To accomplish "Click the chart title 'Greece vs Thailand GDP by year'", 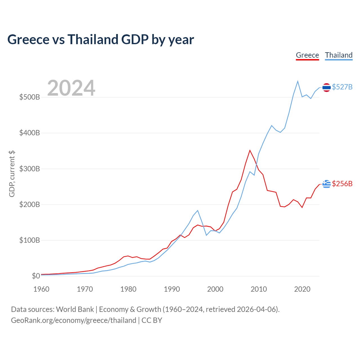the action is pos(100,40).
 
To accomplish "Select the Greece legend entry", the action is pos(307,55).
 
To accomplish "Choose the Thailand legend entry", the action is pos(339,55).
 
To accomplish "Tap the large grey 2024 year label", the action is pos(71,88).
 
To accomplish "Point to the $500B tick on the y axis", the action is pos(30,97).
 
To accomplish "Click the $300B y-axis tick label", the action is pos(30,169).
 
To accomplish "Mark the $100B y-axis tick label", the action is pos(30,240).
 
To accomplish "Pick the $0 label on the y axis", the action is pos(36,276).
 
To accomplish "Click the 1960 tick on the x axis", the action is pos(41,289).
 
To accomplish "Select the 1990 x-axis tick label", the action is pos(172,289).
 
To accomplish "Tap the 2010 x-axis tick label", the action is pos(259,289).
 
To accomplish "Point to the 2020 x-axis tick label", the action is pos(302,289).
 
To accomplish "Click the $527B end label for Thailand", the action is pos(342,87).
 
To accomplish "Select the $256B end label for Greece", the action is pos(342,184).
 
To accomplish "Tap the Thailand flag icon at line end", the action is pos(327,87).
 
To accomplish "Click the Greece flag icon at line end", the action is pos(327,184).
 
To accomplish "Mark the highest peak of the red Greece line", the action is pos(250,150).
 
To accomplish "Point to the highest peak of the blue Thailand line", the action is pos(298,81).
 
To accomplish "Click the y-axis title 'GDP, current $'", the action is pos(12,174).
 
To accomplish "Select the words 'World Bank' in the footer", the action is pos(75,309).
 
